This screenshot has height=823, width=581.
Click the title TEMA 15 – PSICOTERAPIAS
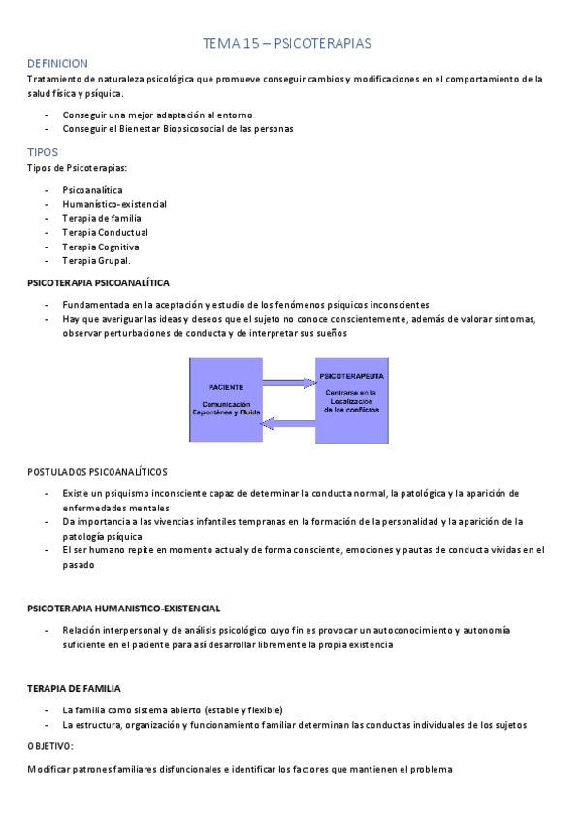point(286,44)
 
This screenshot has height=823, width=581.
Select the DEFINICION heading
point(58,63)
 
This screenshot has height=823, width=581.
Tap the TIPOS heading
point(43,153)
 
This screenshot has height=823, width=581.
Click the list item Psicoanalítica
point(92,190)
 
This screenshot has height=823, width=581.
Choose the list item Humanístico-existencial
point(114,204)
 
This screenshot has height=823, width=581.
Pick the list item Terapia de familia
point(102,218)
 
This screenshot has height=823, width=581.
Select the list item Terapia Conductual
point(105,232)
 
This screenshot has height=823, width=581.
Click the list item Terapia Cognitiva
point(101,247)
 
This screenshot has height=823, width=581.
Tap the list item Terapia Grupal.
point(96,260)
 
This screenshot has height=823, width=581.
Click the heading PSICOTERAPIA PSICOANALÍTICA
point(99,282)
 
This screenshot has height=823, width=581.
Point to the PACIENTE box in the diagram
point(226,400)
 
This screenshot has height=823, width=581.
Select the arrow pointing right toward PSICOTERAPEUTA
point(288,382)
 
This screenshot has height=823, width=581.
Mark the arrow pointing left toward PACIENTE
point(288,422)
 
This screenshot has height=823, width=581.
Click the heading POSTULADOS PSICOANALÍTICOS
point(97,472)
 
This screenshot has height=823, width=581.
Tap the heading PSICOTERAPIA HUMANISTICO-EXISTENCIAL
point(123,609)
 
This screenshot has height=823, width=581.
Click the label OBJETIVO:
point(50,746)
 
